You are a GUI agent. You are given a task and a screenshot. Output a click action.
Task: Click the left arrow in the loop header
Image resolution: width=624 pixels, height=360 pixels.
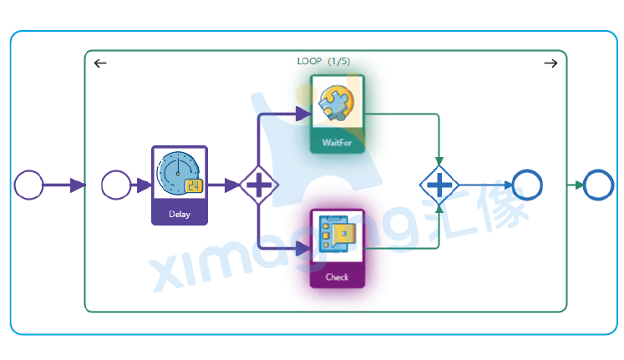pyautogui.click(x=100, y=63)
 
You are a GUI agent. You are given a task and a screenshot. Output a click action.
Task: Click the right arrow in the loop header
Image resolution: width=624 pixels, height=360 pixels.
pyautogui.click(x=550, y=63)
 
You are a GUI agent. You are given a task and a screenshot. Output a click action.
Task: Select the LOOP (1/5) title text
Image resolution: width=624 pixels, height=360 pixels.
pyautogui.click(x=323, y=61)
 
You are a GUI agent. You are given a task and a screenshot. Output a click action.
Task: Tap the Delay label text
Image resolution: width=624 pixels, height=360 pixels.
pyautogui.click(x=180, y=214)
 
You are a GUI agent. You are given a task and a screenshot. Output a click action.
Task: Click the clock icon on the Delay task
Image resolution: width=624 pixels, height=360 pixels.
pyautogui.click(x=178, y=173)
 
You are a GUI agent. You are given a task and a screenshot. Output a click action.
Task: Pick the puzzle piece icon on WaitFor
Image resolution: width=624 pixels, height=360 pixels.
pyautogui.click(x=337, y=104)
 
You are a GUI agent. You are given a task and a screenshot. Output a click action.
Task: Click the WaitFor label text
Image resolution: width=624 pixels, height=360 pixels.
pyautogui.click(x=337, y=142)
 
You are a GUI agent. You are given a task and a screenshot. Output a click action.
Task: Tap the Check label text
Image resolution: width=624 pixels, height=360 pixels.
pyautogui.click(x=337, y=276)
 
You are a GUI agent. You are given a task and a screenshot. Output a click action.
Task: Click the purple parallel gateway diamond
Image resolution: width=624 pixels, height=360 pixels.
pyautogui.click(x=259, y=185)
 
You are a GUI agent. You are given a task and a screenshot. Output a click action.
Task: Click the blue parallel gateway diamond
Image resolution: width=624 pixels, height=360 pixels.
pyautogui.click(x=439, y=185)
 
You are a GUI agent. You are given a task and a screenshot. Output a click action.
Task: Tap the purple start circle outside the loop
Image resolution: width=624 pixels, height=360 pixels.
pyautogui.click(x=29, y=185)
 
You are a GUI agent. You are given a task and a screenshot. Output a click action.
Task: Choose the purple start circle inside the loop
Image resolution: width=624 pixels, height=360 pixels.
pyautogui.click(x=116, y=185)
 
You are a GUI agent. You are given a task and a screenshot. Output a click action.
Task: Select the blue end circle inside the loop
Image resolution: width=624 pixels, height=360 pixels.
pyautogui.click(x=527, y=185)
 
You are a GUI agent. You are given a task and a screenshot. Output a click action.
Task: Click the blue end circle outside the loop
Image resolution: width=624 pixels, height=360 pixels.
pyautogui.click(x=598, y=185)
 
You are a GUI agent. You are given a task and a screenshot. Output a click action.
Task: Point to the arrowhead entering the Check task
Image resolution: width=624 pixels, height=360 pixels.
pyautogui.click(x=304, y=248)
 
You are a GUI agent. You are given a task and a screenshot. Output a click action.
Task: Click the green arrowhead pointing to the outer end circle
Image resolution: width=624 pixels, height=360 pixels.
pyautogui.click(x=577, y=185)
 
